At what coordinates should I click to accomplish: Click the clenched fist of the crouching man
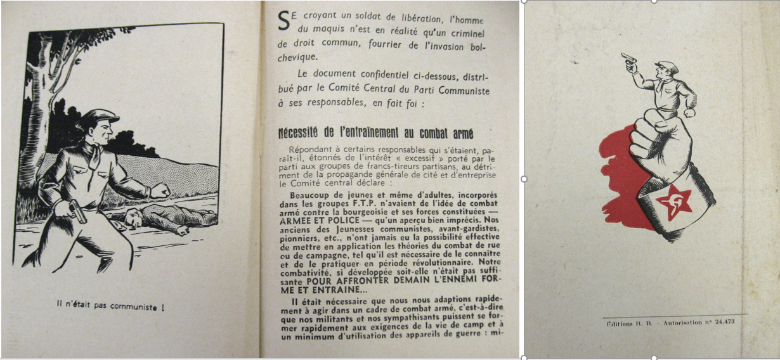tap(160, 190)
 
